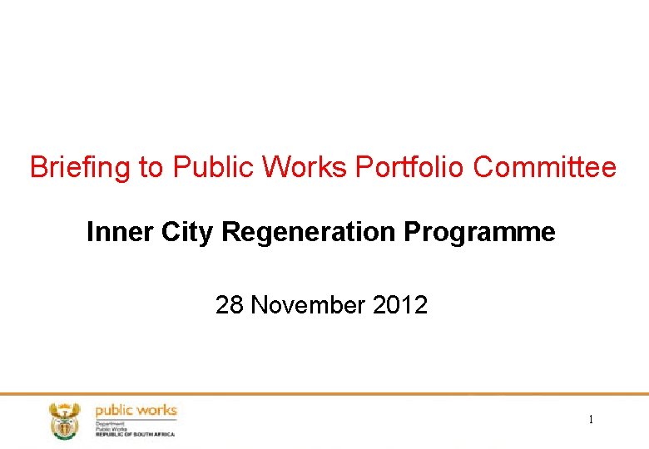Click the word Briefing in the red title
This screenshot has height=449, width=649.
(80, 168)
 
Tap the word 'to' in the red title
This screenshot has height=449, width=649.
(151, 168)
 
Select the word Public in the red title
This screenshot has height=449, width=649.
(213, 168)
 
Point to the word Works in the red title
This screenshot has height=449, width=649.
(305, 168)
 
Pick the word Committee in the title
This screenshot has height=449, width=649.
(545, 168)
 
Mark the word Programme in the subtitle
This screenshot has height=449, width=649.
(480, 233)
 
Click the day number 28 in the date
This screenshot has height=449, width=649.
(230, 305)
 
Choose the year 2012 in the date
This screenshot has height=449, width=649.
(400, 305)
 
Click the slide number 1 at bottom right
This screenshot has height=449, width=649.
(591, 420)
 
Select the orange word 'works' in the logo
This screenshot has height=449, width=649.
(156, 411)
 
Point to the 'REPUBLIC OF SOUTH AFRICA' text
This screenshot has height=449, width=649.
(135, 434)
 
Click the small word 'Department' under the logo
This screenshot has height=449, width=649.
(110, 422)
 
